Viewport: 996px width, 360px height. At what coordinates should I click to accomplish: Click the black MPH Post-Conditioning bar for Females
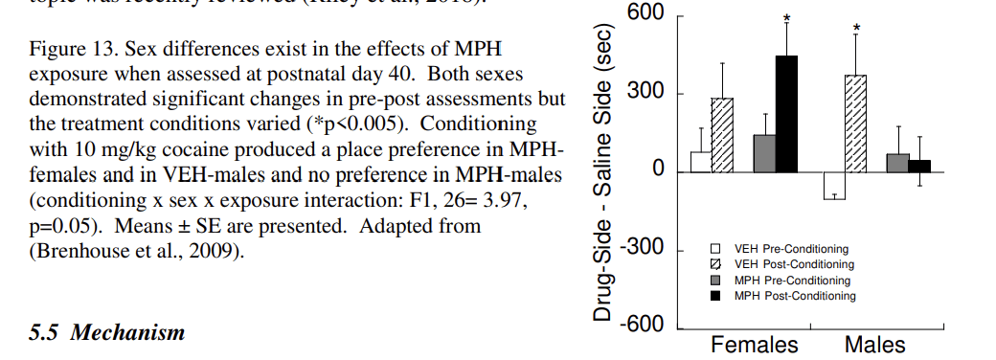tap(786, 114)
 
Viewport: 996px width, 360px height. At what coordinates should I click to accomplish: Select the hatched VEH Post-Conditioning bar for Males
tap(854, 124)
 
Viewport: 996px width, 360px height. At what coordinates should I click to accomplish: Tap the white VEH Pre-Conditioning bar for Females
tap(701, 162)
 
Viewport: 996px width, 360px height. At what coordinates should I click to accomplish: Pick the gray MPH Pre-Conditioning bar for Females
tap(764, 153)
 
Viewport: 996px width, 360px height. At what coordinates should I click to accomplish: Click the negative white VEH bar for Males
tap(833, 186)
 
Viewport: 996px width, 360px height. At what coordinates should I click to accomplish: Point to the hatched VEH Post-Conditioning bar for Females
tap(722, 135)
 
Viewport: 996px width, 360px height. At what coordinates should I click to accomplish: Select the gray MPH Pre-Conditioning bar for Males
tap(897, 163)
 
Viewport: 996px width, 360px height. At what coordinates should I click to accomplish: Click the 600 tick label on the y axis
tap(645, 13)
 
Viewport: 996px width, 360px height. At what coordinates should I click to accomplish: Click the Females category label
tap(755, 345)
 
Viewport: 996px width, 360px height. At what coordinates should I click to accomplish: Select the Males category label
tap(874, 345)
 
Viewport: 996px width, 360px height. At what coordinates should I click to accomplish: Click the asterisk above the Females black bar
tap(787, 18)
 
